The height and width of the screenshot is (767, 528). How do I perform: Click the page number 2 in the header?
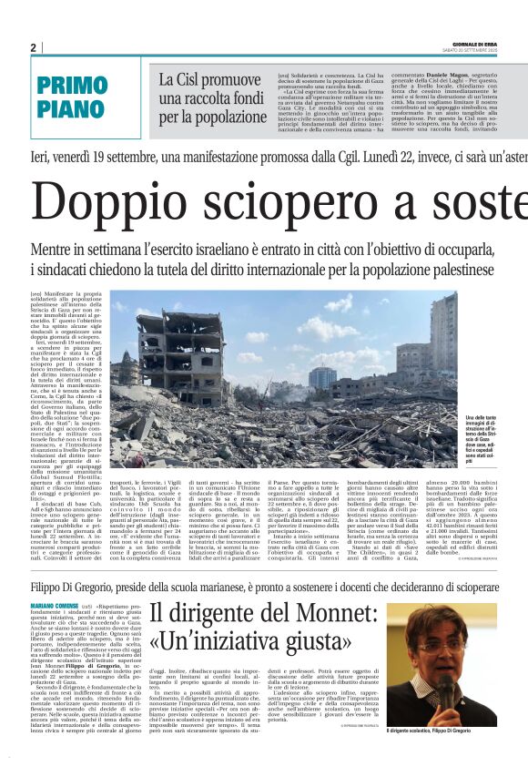pyautogui.click(x=33, y=47)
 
